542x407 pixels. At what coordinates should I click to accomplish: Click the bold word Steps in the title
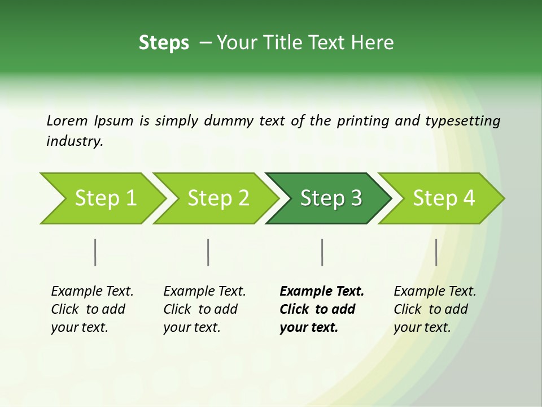tap(164, 43)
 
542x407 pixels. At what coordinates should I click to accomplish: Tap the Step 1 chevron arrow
tap(105, 198)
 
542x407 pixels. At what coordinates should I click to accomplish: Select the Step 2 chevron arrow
tap(218, 198)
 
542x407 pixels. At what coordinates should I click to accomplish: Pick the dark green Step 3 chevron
tap(330, 198)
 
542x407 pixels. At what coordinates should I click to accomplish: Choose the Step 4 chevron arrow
tap(443, 198)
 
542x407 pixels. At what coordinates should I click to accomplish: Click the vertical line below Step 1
tap(95, 252)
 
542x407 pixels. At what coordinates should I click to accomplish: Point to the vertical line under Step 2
tap(208, 252)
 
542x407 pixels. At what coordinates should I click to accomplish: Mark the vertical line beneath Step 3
tap(322, 252)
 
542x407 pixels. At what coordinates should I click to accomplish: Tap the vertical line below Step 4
tap(436, 252)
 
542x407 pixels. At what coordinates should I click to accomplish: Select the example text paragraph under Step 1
tap(92, 309)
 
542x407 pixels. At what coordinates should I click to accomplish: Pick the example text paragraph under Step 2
tap(204, 309)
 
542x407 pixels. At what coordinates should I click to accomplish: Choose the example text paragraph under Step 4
tap(435, 309)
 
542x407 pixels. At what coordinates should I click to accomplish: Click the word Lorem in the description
tap(67, 120)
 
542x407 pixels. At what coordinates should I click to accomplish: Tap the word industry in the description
tap(75, 141)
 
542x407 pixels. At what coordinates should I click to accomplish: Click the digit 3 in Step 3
tap(356, 198)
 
